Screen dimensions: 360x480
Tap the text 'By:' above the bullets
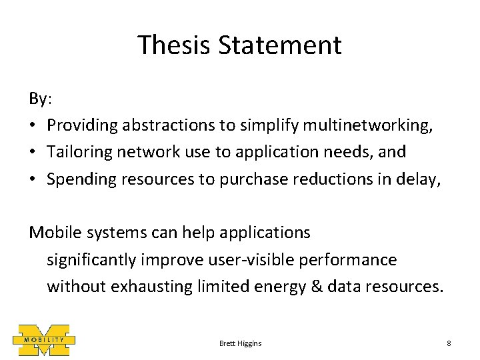point(40,99)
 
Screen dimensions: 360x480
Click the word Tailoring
point(79,152)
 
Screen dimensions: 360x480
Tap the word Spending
point(79,179)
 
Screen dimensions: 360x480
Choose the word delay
point(425,179)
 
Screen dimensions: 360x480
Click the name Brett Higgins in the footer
point(240,343)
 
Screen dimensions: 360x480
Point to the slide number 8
point(449,343)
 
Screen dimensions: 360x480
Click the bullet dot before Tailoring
point(33,152)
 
